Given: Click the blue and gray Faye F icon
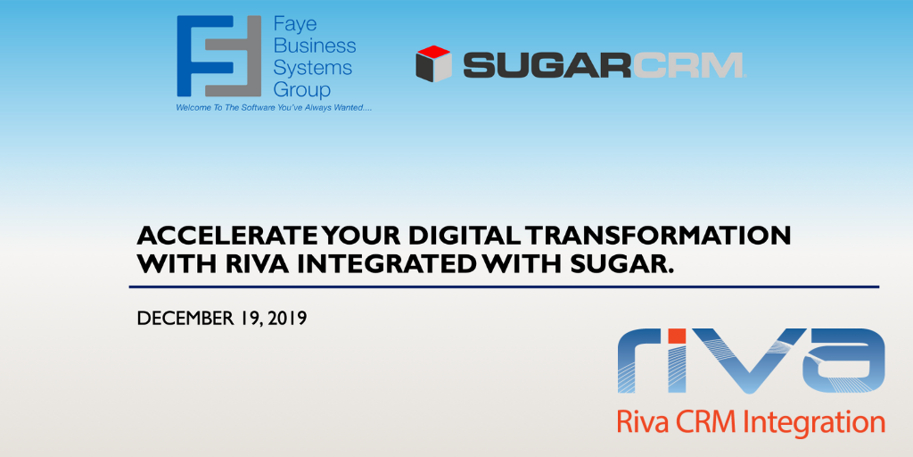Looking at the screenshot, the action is click(x=219, y=56).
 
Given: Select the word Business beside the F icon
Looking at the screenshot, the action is click(x=315, y=46).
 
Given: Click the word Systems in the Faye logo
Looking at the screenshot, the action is click(x=313, y=68).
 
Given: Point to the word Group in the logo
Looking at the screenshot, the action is click(x=301, y=90).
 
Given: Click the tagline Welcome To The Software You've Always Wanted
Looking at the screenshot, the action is click(x=274, y=108).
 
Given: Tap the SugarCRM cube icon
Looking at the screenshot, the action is click(x=434, y=63).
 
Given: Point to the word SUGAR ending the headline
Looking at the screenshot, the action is click(x=615, y=263).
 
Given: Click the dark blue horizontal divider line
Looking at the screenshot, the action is click(x=504, y=287).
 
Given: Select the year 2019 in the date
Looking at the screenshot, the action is click(x=287, y=319).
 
